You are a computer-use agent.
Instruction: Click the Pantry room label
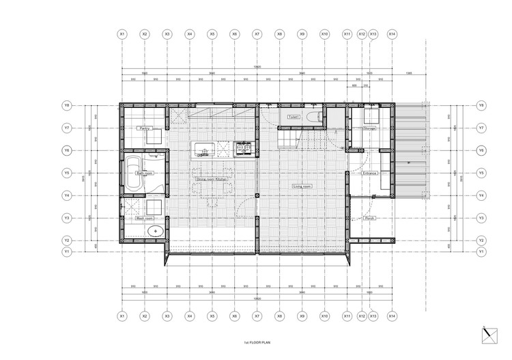tap(144, 128)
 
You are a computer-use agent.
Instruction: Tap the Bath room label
tap(144, 174)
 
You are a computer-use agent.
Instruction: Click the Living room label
tap(302, 186)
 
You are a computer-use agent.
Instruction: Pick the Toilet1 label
tap(295, 117)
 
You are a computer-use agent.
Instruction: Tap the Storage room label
tap(370, 128)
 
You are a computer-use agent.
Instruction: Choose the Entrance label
tap(370, 174)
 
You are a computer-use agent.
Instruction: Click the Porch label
tap(370, 219)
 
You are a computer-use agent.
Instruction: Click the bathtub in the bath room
tap(132, 174)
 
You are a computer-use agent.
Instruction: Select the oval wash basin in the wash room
tap(155, 230)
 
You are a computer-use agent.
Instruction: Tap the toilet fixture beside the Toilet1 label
tap(315, 117)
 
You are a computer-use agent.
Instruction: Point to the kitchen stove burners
tap(244, 147)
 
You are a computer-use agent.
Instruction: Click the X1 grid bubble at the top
tap(122, 33)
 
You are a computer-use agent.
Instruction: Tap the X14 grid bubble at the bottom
tap(391, 316)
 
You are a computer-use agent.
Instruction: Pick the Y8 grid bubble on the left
tap(67, 106)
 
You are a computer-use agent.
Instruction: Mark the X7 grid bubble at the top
tap(257, 33)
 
